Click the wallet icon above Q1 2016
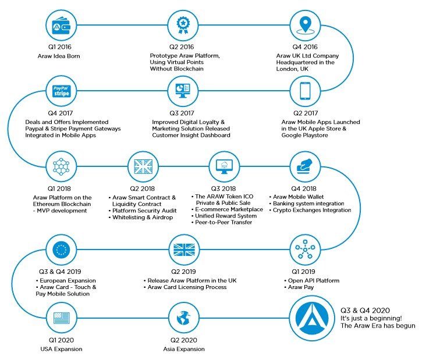coord(61,26)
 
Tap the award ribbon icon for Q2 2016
coord(183,26)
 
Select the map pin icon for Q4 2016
coord(305,26)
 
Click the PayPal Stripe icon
coord(61,91)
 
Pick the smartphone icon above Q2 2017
coord(305,91)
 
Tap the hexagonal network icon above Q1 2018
coord(61,166)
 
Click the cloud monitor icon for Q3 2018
coord(224,166)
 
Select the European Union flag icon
coord(61,249)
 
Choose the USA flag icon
coord(61,318)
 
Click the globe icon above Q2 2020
coord(183,318)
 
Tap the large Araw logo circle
coord(311,318)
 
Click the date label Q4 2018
coord(304,188)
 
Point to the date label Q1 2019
coord(303,272)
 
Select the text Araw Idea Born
coord(59,56)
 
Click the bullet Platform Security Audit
coord(143,211)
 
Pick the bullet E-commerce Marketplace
coord(227,209)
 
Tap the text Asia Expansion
coord(184,349)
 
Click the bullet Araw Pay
coord(299,287)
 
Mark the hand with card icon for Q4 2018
coord(305,166)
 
